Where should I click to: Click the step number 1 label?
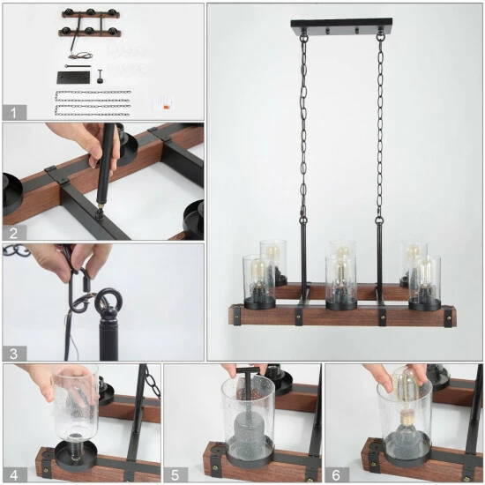(x=13, y=113)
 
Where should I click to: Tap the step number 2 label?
(x=13, y=233)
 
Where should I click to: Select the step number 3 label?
(x=13, y=354)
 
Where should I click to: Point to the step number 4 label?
(x=13, y=474)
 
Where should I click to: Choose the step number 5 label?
(x=175, y=474)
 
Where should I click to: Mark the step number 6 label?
(x=336, y=474)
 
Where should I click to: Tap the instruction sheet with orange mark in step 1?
(x=163, y=103)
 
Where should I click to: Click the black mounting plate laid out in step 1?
(x=73, y=78)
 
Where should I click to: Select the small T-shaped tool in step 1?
(x=100, y=76)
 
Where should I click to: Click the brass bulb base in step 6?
(x=406, y=419)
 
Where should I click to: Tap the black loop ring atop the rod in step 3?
(x=108, y=300)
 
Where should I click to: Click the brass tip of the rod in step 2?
(x=100, y=205)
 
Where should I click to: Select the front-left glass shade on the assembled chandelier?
(x=259, y=281)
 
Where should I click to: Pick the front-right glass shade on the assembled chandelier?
(x=425, y=282)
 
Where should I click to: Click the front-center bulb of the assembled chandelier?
(x=340, y=273)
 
